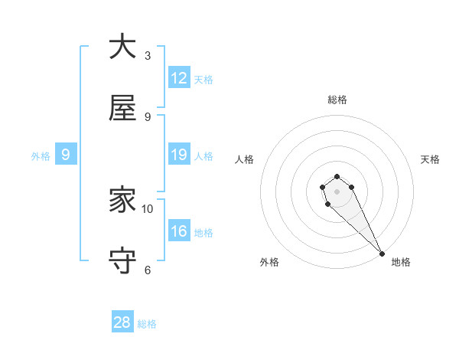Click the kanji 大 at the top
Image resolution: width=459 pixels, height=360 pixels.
click(x=122, y=47)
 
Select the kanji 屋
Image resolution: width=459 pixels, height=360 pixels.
click(x=122, y=109)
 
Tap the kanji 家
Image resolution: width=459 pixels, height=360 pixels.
click(x=122, y=201)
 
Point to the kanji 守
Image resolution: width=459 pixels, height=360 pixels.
click(x=122, y=261)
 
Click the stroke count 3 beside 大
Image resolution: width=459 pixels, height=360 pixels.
click(x=148, y=56)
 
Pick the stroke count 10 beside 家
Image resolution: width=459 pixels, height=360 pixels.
click(x=148, y=208)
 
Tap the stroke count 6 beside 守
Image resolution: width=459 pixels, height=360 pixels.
click(x=148, y=270)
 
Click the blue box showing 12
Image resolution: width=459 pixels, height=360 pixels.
click(x=179, y=78)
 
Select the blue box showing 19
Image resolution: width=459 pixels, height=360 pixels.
click(x=179, y=155)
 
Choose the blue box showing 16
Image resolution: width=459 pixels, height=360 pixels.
click(x=179, y=231)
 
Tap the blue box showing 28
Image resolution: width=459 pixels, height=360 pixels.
click(x=122, y=322)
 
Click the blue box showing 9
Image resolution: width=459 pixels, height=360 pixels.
click(x=66, y=155)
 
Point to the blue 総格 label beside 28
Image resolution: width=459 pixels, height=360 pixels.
click(x=147, y=324)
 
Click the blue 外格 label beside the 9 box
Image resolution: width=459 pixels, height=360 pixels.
click(x=41, y=156)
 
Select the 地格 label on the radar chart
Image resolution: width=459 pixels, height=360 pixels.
click(x=401, y=263)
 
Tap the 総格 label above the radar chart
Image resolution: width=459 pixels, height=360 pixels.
click(x=337, y=100)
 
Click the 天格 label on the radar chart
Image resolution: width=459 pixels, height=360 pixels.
click(x=431, y=159)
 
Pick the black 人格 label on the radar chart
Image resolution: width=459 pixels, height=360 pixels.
click(x=244, y=159)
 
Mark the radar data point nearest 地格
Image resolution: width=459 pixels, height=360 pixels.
click(x=382, y=253)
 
